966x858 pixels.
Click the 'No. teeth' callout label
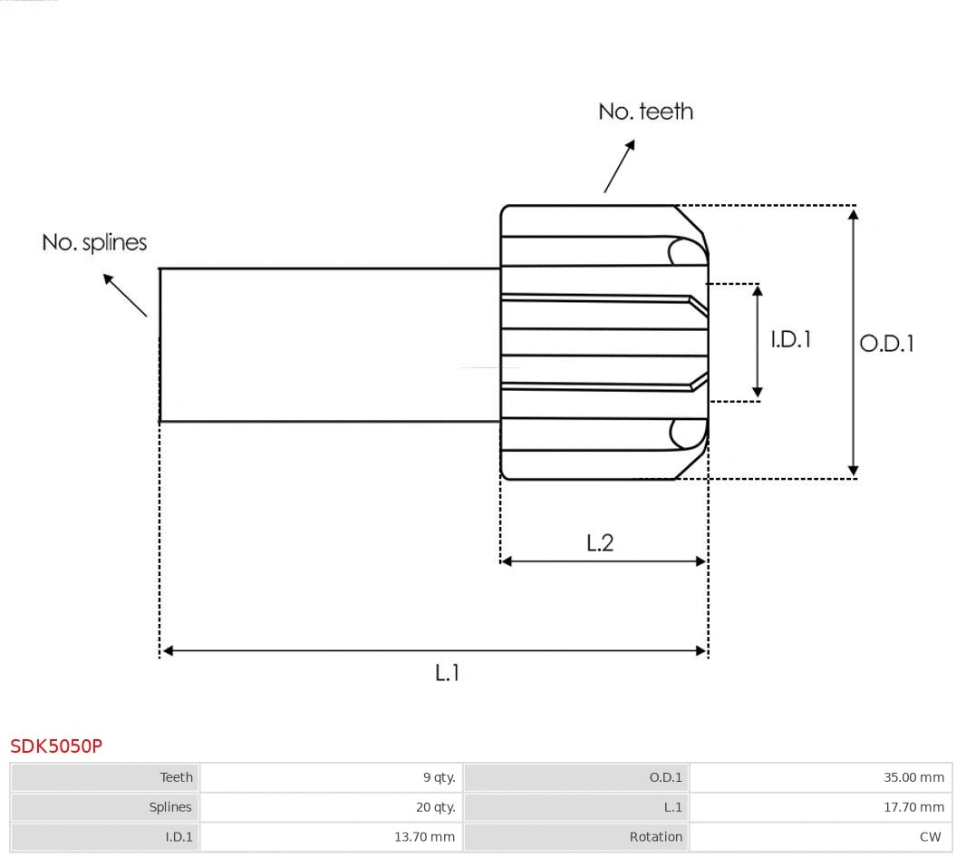(645, 112)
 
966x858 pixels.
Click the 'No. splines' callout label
(94, 243)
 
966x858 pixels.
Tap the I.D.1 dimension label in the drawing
(790, 339)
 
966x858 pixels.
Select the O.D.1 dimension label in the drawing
(886, 344)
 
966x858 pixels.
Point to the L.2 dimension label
(600, 542)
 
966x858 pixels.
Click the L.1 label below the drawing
(447, 673)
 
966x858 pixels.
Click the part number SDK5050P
(56, 746)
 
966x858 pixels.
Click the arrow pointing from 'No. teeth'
(619, 167)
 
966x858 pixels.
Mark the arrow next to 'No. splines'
(124, 294)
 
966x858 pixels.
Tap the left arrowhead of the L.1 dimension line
(167, 650)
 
